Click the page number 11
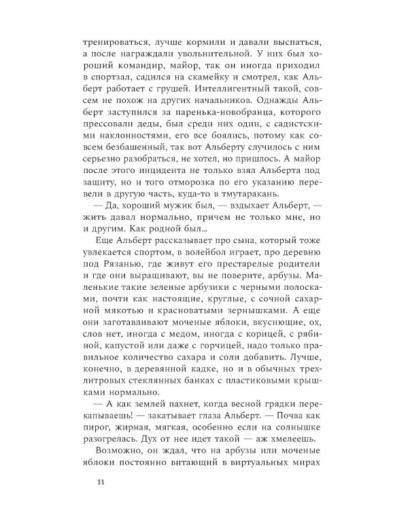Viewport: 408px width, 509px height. click(x=101, y=483)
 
